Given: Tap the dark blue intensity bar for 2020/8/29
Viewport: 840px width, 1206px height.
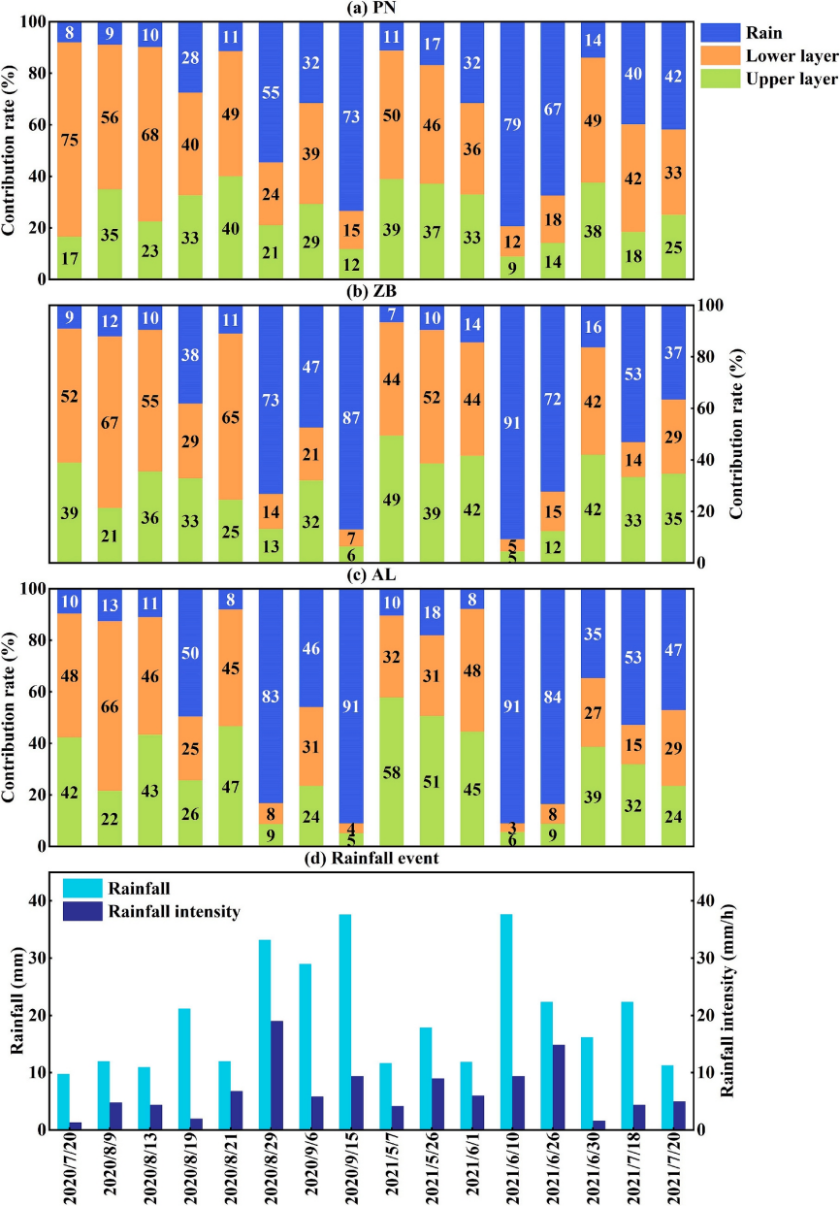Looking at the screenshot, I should pyautogui.click(x=277, y=1075).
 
